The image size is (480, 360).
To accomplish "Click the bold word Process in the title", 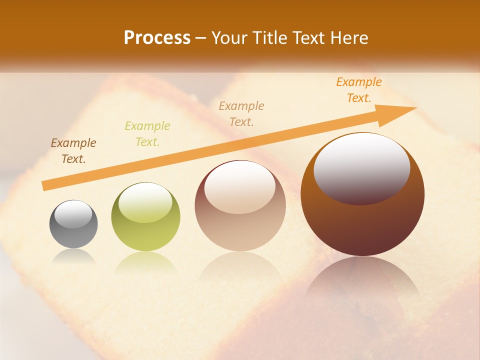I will point(157,38).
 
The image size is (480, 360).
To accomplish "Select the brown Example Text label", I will point(73,151).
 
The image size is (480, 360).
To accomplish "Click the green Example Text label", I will point(147,134).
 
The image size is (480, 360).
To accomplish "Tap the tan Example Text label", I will point(241,113).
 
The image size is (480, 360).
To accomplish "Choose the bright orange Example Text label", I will point(359,90).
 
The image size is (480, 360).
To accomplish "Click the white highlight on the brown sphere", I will point(361,167).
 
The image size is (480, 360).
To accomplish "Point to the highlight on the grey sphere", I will point(73,214).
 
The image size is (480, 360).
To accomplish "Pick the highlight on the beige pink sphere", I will point(240,186).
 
